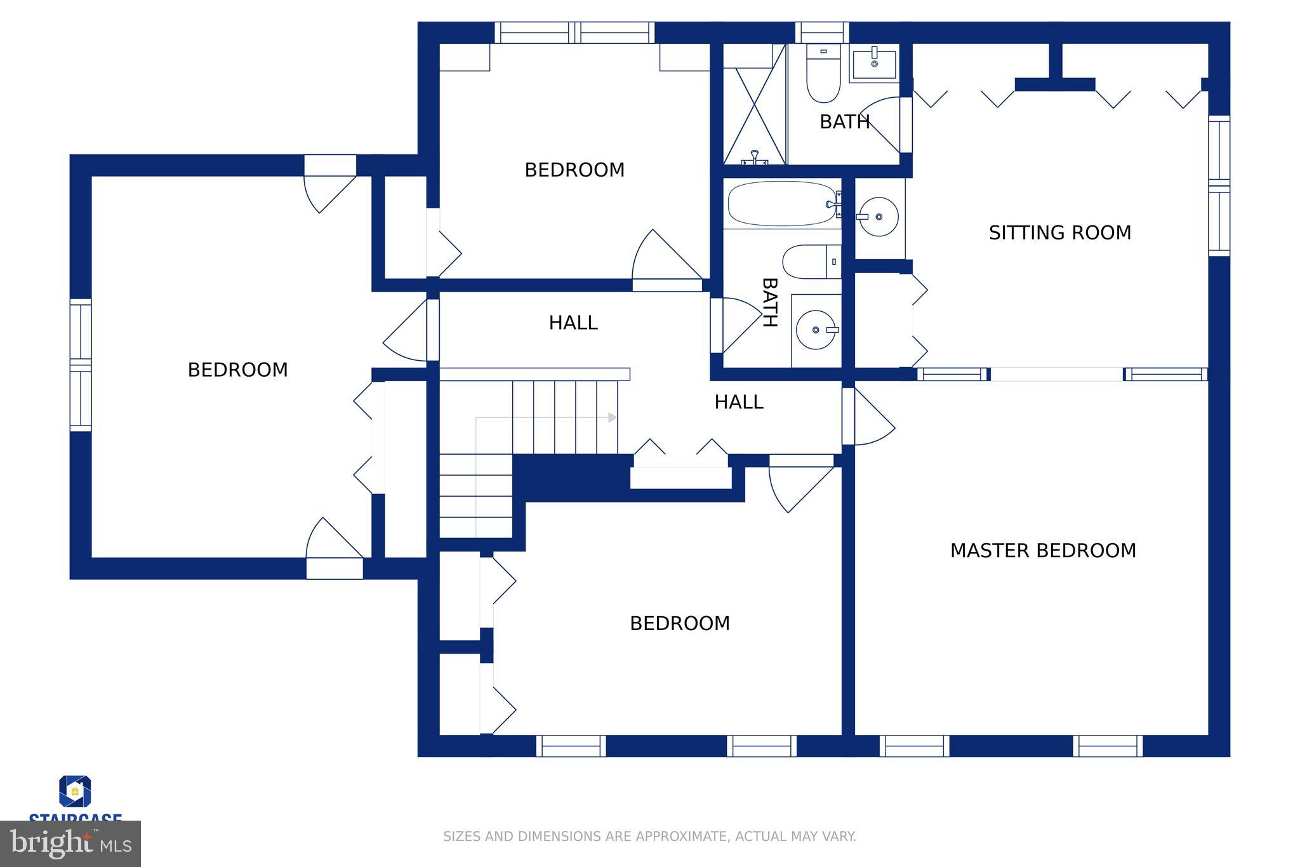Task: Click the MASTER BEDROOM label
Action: click(1043, 551)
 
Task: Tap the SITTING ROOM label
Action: click(1060, 233)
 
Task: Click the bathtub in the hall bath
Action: click(782, 204)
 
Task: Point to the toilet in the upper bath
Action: click(823, 72)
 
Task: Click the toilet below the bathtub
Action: click(811, 262)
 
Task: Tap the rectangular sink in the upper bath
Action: click(874, 63)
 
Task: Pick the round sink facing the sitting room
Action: click(879, 217)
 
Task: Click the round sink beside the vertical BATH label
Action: click(816, 330)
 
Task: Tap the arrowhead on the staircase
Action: click(613, 417)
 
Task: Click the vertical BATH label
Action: click(769, 302)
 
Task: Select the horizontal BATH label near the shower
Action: click(844, 122)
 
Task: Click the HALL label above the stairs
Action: click(573, 323)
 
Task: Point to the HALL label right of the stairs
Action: click(739, 402)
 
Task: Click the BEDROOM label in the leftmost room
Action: click(238, 370)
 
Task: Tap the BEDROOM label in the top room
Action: click(574, 170)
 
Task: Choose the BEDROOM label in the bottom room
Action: click(680, 624)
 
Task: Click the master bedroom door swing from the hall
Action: click(870, 416)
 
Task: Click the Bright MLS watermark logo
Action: click(70, 843)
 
